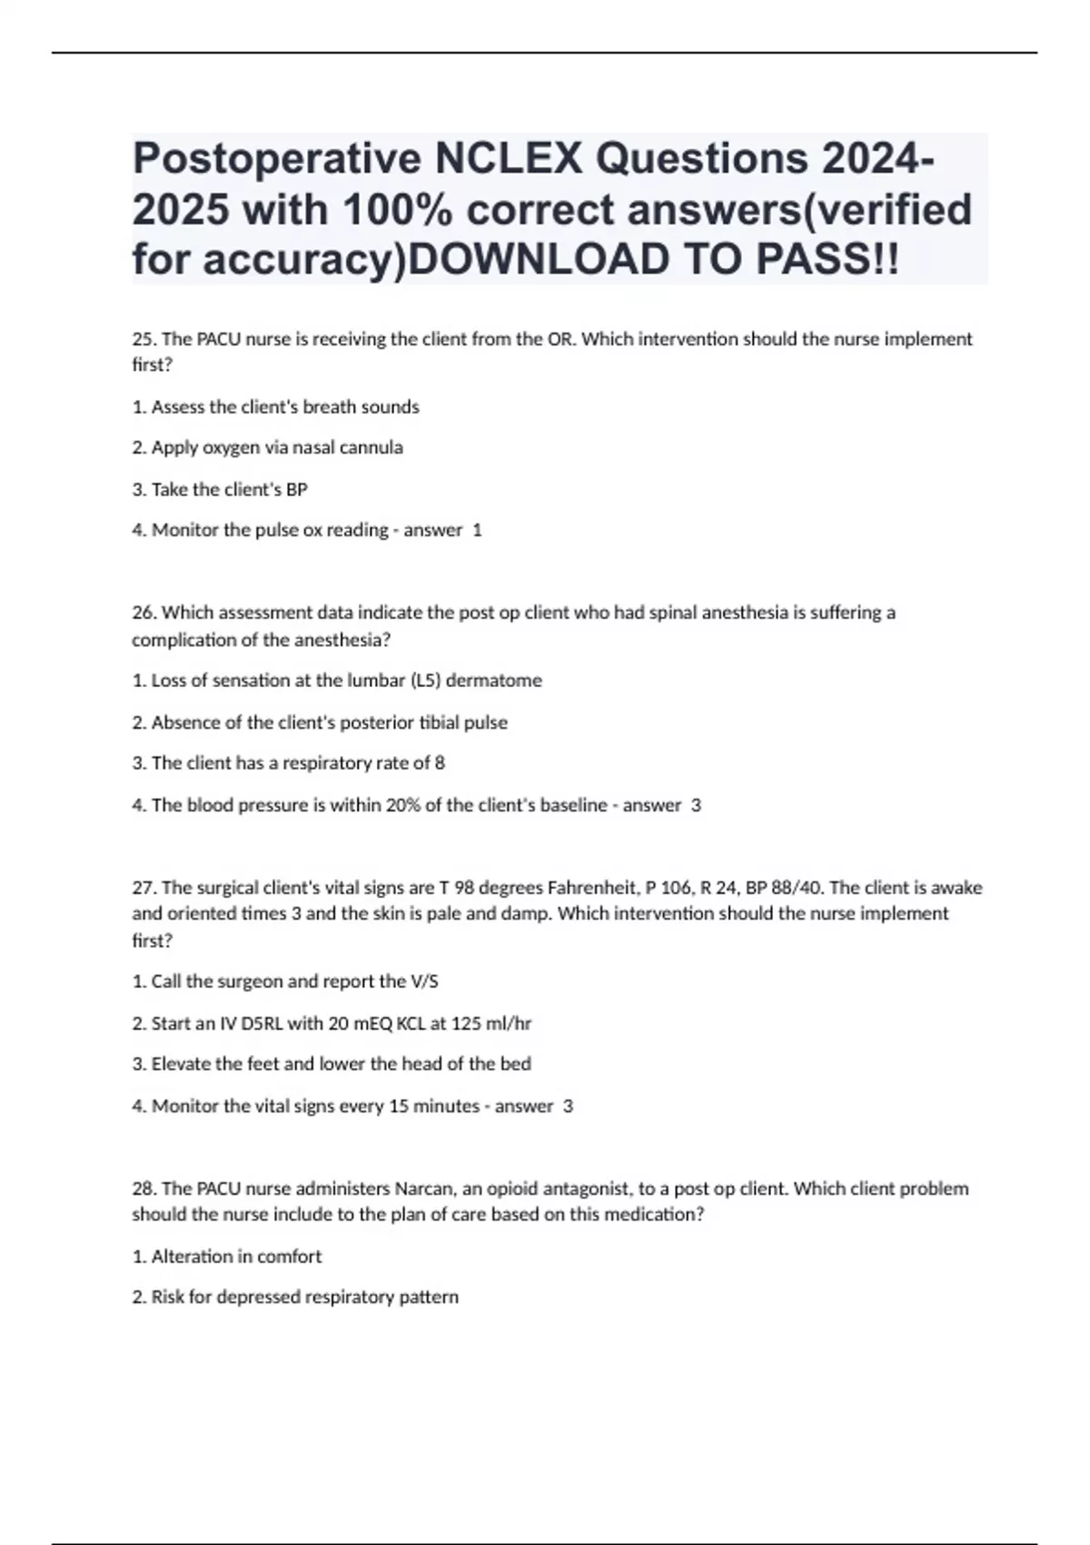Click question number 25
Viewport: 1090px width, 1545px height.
coord(144,339)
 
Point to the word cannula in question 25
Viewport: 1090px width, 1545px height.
coord(373,448)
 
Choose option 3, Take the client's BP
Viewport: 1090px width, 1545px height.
coord(220,490)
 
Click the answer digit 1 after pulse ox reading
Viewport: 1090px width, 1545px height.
coord(478,531)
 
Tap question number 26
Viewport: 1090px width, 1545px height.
coord(144,613)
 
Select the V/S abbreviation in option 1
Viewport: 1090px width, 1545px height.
coord(423,982)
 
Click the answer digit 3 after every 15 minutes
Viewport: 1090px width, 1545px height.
coord(569,1106)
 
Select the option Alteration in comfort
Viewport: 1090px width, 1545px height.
coord(227,1257)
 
